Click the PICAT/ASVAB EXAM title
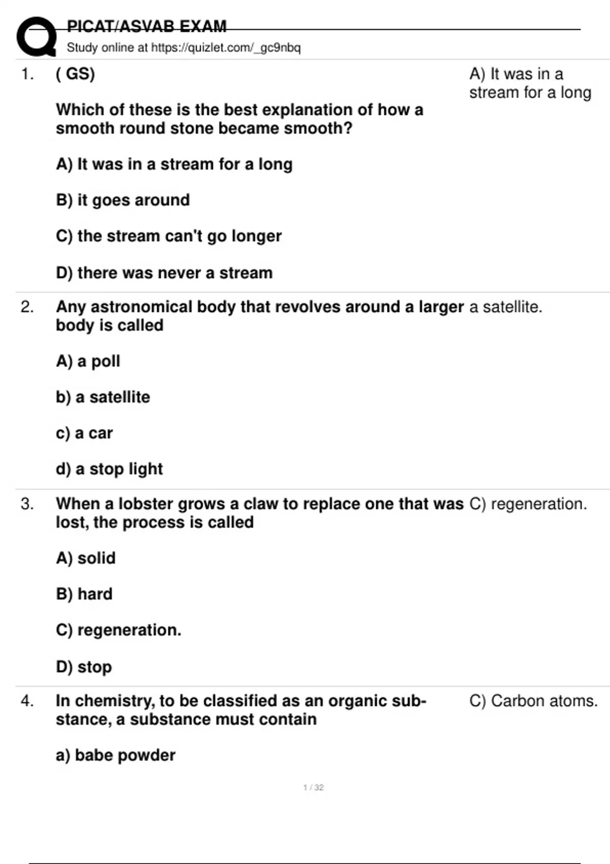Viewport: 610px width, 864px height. [x=146, y=26]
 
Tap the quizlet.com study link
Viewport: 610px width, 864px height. [x=226, y=48]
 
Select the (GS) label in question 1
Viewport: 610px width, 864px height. [x=75, y=74]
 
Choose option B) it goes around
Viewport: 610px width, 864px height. [x=123, y=200]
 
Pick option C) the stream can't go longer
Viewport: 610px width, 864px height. [x=168, y=236]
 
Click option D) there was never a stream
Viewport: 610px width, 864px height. [x=164, y=273]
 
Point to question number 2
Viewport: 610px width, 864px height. [x=27, y=307]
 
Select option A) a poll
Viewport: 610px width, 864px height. [x=88, y=361]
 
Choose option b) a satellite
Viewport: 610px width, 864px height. [x=103, y=397]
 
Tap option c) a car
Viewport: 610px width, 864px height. [x=84, y=433]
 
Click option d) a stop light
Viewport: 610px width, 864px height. [x=109, y=469]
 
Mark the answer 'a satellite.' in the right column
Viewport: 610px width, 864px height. [x=505, y=307]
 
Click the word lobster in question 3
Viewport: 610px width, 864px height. [x=139, y=504]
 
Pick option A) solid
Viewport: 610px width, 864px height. [x=85, y=558]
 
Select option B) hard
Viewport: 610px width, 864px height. [x=84, y=594]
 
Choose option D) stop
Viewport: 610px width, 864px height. [x=84, y=667]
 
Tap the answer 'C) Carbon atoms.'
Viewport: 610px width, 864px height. [x=533, y=701]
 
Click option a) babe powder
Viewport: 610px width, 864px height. [x=115, y=755]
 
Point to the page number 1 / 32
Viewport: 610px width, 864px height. [x=313, y=787]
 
